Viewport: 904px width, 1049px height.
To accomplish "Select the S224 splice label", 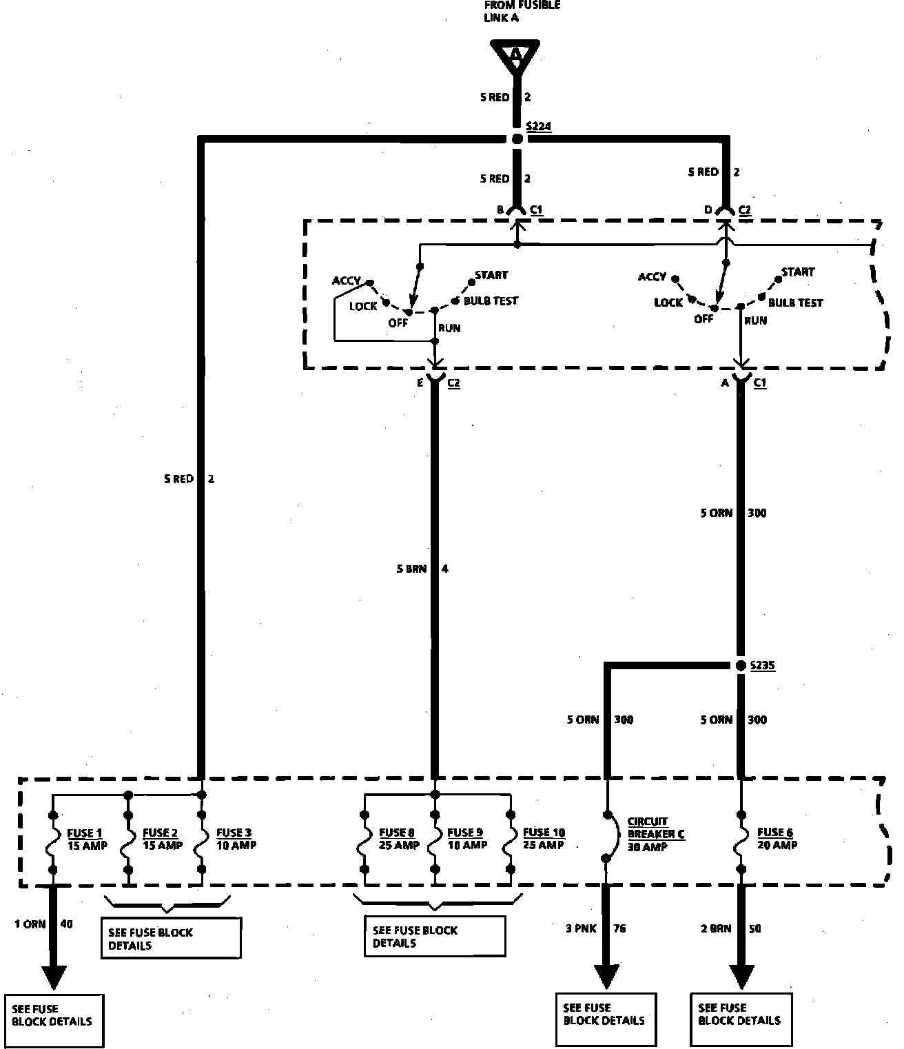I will [538, 127].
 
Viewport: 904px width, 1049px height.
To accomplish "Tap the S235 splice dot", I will [741, 665].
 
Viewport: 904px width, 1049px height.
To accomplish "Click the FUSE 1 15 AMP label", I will [87, 839].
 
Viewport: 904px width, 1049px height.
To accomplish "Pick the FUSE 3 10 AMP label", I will [236, 839].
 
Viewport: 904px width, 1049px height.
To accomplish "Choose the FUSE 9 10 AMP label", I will [467, 839].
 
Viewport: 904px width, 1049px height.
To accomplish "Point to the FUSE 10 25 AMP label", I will [544, 839].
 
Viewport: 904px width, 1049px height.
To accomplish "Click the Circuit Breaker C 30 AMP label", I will [655, 834].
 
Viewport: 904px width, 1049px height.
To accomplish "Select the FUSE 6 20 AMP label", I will [777, 839].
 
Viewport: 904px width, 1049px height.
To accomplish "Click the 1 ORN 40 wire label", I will [43, 924].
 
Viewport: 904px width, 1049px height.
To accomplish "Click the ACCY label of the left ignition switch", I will [346, 281].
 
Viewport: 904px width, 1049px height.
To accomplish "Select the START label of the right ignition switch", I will [798, 272].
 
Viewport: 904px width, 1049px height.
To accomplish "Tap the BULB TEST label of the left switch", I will [491, 301].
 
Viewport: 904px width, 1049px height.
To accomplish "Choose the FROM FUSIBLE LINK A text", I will [522, 11].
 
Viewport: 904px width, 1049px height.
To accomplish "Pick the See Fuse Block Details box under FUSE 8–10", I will [434, 936].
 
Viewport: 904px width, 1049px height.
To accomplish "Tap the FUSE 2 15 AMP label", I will [162, 839].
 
